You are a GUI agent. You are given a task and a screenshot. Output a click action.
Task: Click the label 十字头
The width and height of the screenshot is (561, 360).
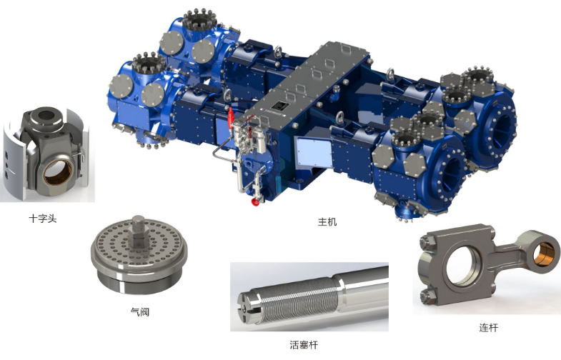(x=43, y=219)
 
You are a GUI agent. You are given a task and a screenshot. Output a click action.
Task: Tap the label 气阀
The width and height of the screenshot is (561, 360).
(x=140, y=311)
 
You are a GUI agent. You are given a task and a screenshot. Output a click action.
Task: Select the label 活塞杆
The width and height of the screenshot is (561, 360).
(x=304, y=345)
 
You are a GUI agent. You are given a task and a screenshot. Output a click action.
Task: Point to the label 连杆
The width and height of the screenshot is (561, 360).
(x=488, y=327)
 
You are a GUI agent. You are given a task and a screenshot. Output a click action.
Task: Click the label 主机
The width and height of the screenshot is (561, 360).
(x=327, y=221)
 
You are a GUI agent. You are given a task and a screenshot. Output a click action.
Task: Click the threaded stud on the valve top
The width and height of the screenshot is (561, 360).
(x=138, y=224)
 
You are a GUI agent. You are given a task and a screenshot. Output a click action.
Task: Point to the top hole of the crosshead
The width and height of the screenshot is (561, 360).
(x=46, y=115)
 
